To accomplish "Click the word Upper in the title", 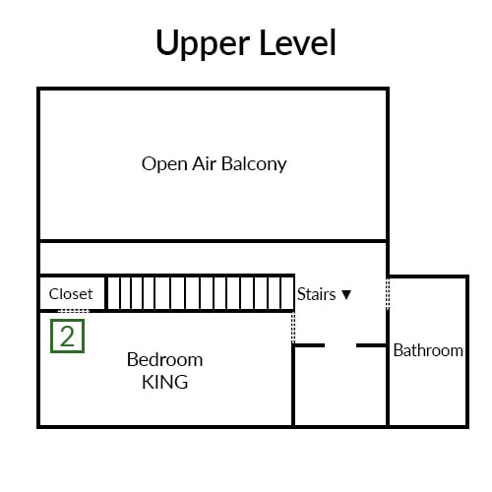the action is pyautogui.click(x=203, y=44).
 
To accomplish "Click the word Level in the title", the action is pyautogui.click(x=297, y=42).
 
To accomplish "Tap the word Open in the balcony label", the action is pyautogui.click(x=164, y=164).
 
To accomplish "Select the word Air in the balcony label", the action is pyautogui.click(x=204, y=163).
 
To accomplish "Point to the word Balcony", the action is pyautogui.click(x=254, y=164).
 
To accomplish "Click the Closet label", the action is pyautogui.click(x=71, y=294).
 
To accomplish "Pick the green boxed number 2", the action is pyautogui.click(x=67, y=337).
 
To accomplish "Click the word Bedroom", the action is pyautogui.click(x=164, y=360).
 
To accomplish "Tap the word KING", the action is pyautogui.click(x=165, y=382).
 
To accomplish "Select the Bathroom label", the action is pyautogui.click(x=428, y=350).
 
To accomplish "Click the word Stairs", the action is pyautogui.click(x=317, y=294).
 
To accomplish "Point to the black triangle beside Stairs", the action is pyautogui.click(x=346, y=294).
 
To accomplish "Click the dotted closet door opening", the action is pyautogui.click(x=74, y=311).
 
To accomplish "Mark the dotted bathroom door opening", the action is pyautogui.click(x=388, y=294).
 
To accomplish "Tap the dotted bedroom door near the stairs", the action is pyautogui.click(x=293, y=328).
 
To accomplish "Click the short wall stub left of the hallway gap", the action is pyautogui.click(x=309, y=345).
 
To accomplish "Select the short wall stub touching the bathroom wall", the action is pyautogui.click(x=371, y=345).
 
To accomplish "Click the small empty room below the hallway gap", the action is pyautogui.click(x=340, y=386).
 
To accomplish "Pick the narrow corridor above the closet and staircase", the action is pyautogui.click(x=213, y=258).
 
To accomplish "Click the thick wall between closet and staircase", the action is pyautogui.click(x=106, y=293).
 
